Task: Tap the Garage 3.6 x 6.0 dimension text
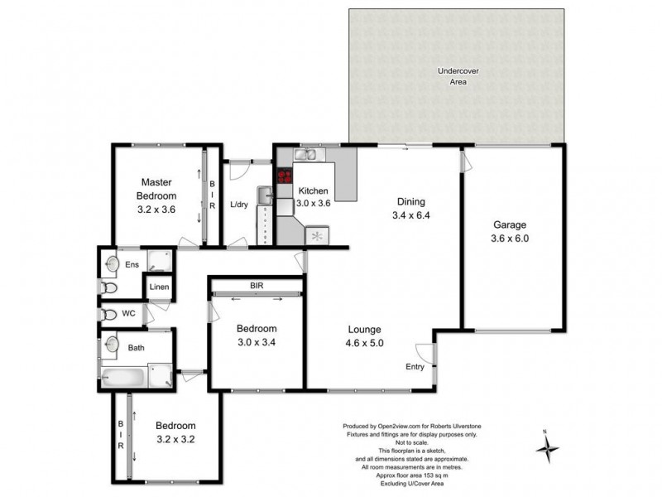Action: [511, 239]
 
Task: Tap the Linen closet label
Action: [160, 287]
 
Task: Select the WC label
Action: [128, 314]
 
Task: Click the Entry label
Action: [415, 367]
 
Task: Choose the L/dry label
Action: [239, 205]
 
